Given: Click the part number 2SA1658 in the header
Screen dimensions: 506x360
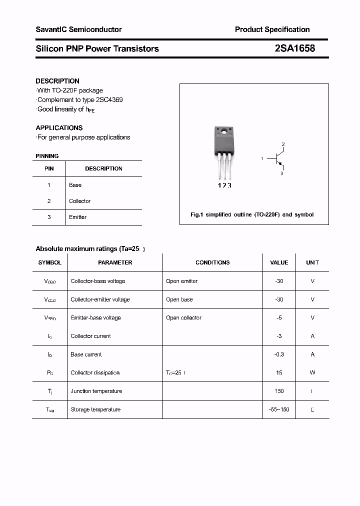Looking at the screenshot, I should [x=294, y=48].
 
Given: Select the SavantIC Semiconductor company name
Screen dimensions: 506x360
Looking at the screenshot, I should [x=78, y=29].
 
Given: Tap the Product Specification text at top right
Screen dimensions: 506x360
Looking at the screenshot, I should [x=272, y=29].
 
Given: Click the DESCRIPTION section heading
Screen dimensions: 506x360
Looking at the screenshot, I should [x=57, y=81].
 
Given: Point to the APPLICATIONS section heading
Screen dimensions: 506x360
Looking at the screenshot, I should [x=59, y=127].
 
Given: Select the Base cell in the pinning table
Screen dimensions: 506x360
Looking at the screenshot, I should [x=75, y=185].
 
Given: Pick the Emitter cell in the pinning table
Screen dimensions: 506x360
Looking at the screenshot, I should [x=77, y=217].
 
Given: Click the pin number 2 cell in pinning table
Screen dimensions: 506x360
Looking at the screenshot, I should [x=49, y=201].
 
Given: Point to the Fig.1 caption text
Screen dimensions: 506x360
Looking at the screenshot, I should [x=252, y=214].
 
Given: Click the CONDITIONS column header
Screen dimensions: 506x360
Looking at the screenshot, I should [x=212, y=262].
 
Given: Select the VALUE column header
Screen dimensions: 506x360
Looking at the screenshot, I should [x=279, y=262].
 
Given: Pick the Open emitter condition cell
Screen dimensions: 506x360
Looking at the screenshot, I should [x=181, y=281].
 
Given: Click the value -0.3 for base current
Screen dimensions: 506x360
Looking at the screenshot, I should [x=279, y=354].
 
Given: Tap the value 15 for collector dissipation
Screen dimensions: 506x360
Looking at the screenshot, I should [x=279, y=372].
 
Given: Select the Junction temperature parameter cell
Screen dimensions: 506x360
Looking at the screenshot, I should [x=96, y=391].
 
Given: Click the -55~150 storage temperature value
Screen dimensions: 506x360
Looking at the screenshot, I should [x=279, y=409].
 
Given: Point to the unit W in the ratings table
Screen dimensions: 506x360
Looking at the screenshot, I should [x=312, y=372].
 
